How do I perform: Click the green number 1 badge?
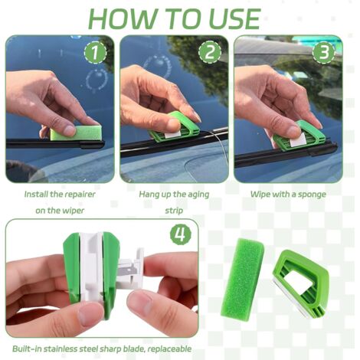pos(95,54)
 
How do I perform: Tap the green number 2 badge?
pos(210,52)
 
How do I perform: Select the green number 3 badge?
pos(324,54)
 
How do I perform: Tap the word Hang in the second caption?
pos(150,195)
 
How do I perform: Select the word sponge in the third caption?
pos(310,195)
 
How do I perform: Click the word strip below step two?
pos(175,210)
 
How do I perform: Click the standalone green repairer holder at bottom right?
pos(302,283)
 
